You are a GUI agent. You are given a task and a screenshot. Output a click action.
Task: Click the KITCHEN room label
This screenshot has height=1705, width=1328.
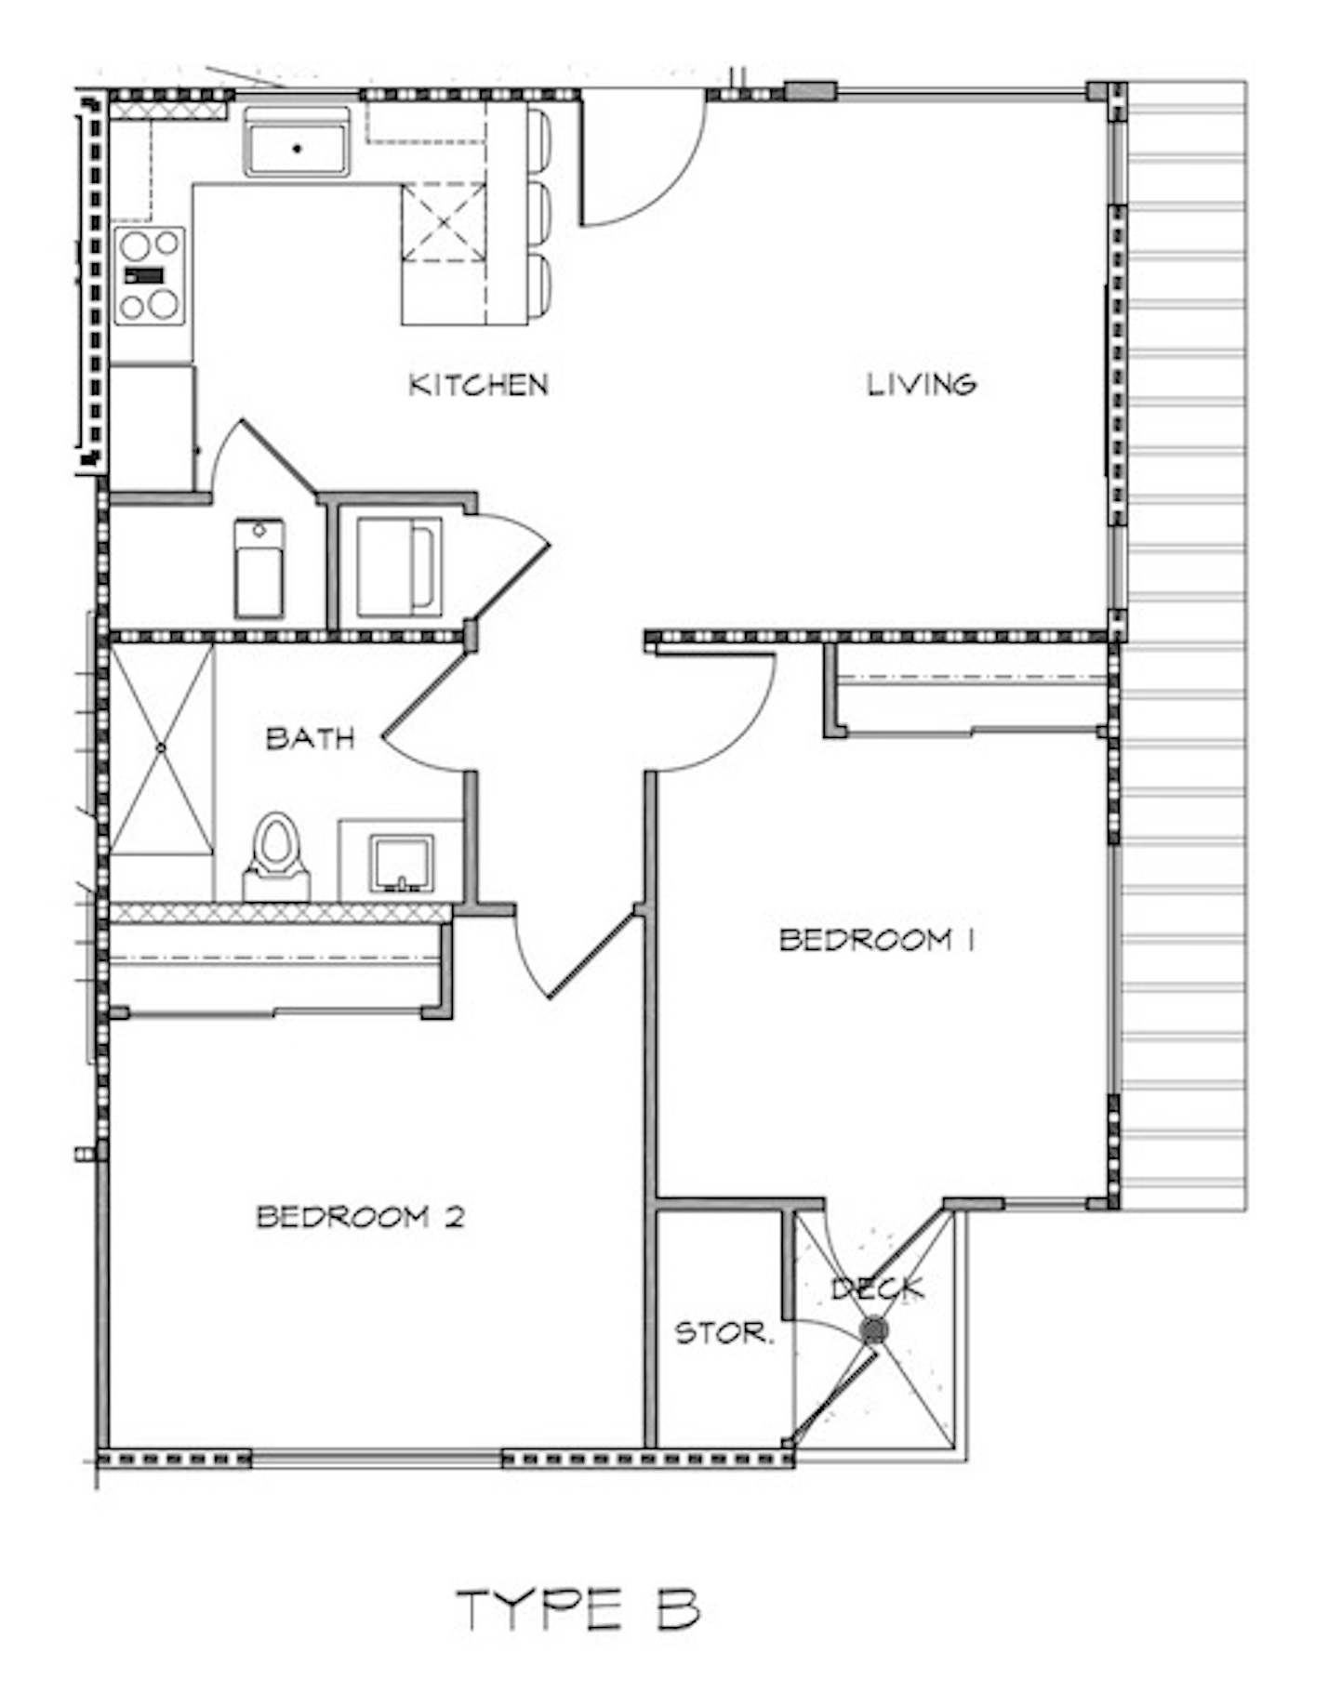[478, 385]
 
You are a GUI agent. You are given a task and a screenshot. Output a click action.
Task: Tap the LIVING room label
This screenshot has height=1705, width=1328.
[921, 384]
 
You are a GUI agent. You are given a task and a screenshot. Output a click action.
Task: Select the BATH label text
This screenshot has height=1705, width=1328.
[311, 739]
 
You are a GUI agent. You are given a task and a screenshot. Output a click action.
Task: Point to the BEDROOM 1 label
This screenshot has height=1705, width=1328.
[876, 940]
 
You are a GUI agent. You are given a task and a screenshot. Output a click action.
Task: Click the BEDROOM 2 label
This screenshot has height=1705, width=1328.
[360, 1217]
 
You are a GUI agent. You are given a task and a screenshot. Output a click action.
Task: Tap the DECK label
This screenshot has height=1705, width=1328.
[878, 1289]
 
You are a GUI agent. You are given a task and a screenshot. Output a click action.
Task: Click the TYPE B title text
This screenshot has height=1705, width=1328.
[578, 1609]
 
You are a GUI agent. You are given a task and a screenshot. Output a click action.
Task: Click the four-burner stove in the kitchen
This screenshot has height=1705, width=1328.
[149, 275]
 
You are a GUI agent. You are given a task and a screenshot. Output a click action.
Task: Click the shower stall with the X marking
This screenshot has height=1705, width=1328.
[162, 748]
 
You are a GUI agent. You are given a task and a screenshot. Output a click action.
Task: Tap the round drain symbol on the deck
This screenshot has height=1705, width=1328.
[873, 1331]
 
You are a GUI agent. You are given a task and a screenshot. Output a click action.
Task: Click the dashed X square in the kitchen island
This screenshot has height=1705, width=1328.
[444, 223]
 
